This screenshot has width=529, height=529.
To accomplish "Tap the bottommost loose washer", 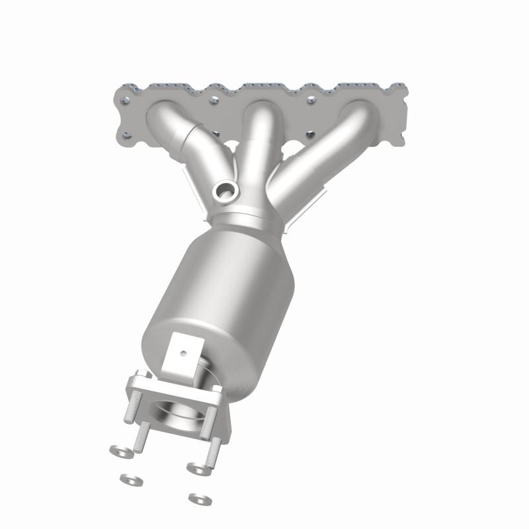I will point(196,497).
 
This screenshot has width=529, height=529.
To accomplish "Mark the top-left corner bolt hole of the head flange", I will point(125,101).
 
